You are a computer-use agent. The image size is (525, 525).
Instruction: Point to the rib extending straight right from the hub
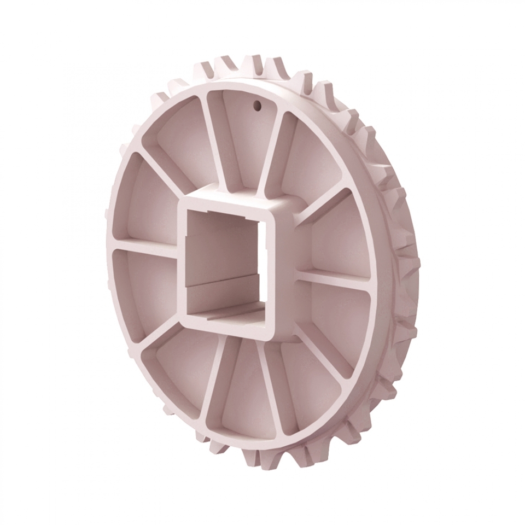coord(334,276)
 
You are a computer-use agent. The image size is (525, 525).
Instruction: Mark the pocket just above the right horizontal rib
coord(339,235)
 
